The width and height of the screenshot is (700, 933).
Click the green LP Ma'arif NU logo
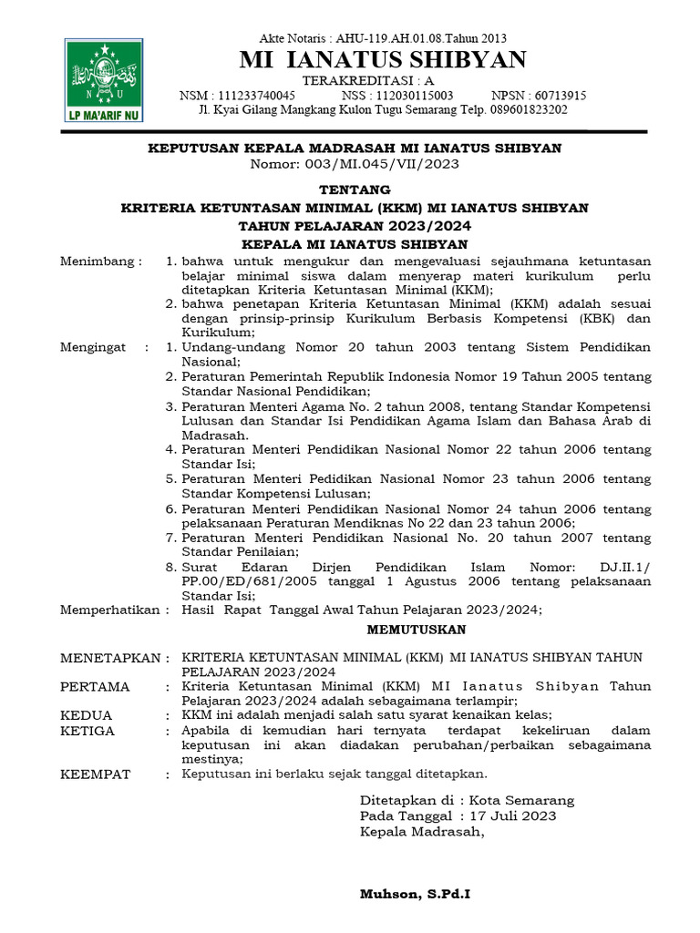click(x=102, y=79)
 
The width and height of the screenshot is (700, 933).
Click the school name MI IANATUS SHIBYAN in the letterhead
click(x=382, y=60)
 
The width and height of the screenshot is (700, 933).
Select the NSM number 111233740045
click(x=253, y=95)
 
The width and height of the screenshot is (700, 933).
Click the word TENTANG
click(x=355, y=190)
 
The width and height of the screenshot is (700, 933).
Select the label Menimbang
click(x=101, y=261)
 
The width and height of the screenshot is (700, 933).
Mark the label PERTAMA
click(x=95, y=686)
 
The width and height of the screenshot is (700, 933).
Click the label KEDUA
click(x=86, y=715)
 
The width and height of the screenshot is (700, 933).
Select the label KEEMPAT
click(x=95, y=774)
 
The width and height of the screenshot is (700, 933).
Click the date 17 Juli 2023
click(x=514, y=815)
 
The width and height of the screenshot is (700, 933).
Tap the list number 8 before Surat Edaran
click(x=170, y=567)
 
